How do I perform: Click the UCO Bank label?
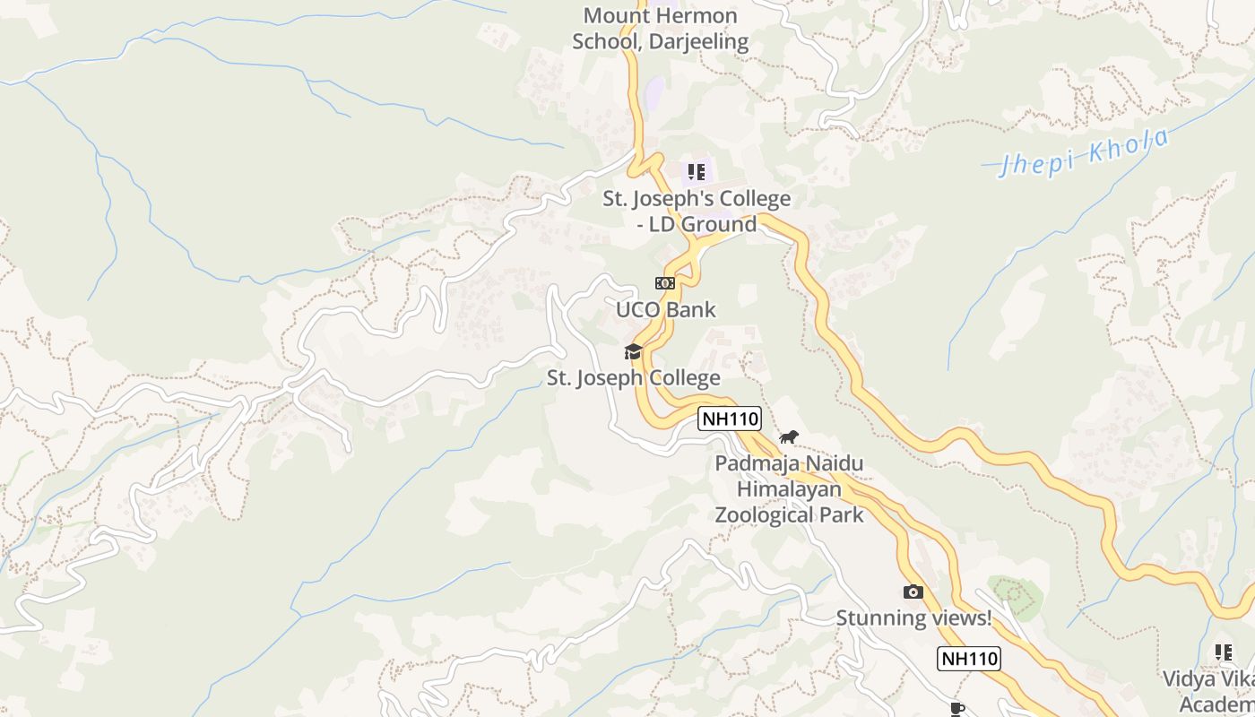pyautogui.click(x=665, y=310)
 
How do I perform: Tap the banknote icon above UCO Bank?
pyautogui.click(x=664, y=283)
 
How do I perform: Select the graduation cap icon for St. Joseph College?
pyautogui.click(x=634, y=351)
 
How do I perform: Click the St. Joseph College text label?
pyautogui.click(x=634, y=378)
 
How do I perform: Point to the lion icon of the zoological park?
pyautogui.click(x=789, y=437)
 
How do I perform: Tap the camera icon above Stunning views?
pyautogui.click(x=913, y=592)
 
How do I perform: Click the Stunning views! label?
pyautogui.click(x=913, y=618)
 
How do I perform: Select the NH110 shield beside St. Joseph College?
pyautogui.click(x=730, y=418)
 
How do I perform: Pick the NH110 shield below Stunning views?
pyautogui.click(x=969, y=659)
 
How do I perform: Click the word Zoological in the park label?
pyautogui.click(x=789, y=515)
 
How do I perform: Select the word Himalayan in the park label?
pyautogui.click(x=789, y=489)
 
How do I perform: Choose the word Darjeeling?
pyautogui.click(x=700, y=41)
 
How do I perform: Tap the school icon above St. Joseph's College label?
pyautogui.click(x=697, y=171)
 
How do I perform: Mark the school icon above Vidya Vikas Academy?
pyautogui.click(x=1223, y=652)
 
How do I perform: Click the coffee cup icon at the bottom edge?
pyautogui.click(x=957, y=709)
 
